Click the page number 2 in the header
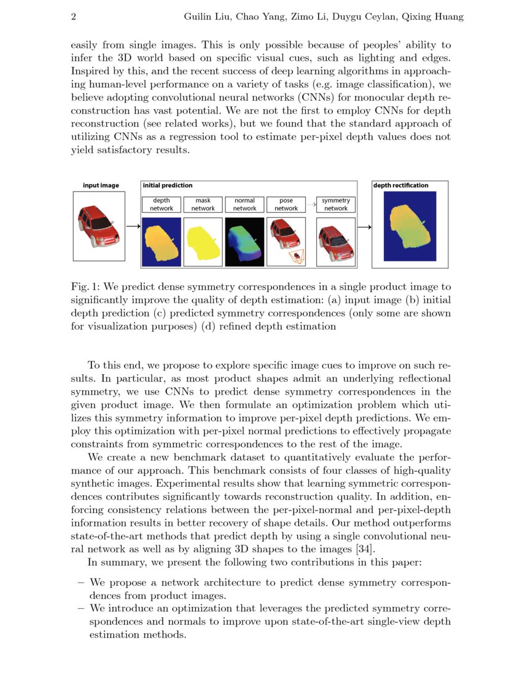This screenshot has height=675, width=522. point(74,17)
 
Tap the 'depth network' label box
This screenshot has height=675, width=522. point(162,204)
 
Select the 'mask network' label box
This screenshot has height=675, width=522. point(203,204)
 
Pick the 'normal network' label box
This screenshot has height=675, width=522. point(244,204)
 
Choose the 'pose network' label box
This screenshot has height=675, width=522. point(286,204)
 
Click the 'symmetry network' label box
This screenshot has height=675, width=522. point(336,204)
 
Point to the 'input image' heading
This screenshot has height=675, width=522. point(101,185)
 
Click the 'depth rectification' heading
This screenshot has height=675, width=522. point(401,185)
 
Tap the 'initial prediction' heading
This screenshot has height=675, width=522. point(168,185)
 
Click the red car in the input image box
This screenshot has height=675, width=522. point(98,226)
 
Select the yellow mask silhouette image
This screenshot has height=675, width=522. point(203,242)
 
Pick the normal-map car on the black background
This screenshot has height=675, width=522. point(244,242)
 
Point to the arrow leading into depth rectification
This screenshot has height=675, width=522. point(365,226)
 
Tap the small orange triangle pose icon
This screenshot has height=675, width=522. point(297,256)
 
